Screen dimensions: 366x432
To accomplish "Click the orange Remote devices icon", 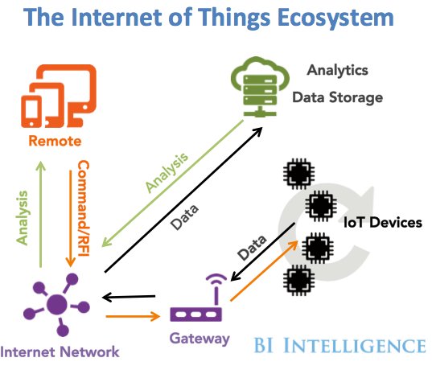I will click(x=51, y=99).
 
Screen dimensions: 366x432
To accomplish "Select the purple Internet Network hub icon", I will click(x=56, y=305).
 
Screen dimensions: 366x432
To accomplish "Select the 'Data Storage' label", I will click(x=336, y=97).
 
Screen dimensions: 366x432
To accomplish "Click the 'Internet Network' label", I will click(x=60, y=351).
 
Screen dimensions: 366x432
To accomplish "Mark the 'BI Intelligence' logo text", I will click(x=339, y=347).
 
